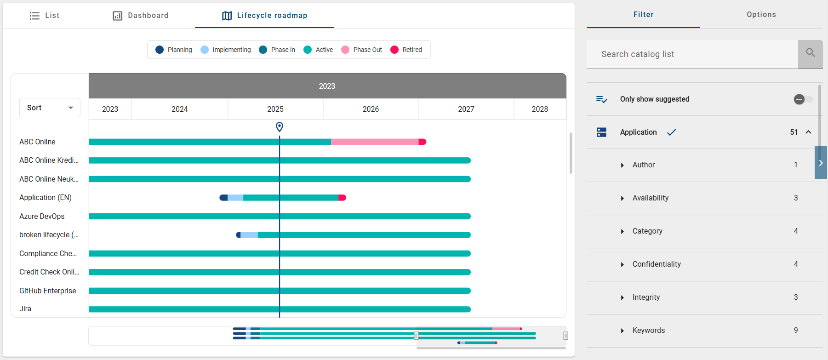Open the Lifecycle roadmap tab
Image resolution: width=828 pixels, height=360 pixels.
click(x=264, y=16)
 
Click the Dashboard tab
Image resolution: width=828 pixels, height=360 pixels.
click(x=141, y=16)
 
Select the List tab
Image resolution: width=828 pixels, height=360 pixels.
click(x=45, y=16)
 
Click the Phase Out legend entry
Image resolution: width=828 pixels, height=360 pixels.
click(x=362, y=50)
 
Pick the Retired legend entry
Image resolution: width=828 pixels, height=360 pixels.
click(x=406, y=50)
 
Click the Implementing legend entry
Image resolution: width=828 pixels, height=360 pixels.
click(x=226, y=50)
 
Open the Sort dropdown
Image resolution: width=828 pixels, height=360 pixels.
click(x=50, y=108)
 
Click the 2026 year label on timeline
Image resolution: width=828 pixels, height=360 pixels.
click(x=371, y=109)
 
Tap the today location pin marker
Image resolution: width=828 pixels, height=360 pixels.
click(x=279, y=126)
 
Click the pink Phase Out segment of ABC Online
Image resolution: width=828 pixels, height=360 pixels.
click(x=374, y=142)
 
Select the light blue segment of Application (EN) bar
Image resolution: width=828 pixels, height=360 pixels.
click(x=235, y=198)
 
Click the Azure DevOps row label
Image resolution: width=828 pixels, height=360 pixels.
click(x=42, y=216)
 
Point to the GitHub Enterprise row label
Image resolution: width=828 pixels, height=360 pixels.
click(x=48, y=291)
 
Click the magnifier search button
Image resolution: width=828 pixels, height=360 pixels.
click(x=810, y=54)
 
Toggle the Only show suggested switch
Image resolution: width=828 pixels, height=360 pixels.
click(x=803, y=99)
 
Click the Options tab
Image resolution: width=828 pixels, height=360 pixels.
click(x=761, y=15)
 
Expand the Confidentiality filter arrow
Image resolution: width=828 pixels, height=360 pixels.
click(x=622, y=264)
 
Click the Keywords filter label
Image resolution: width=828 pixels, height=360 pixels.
click(x=648, y=330)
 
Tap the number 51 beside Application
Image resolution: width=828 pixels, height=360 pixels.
click(x=794, y=132)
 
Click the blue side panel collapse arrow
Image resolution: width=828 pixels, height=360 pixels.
click(x=821, y=163)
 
